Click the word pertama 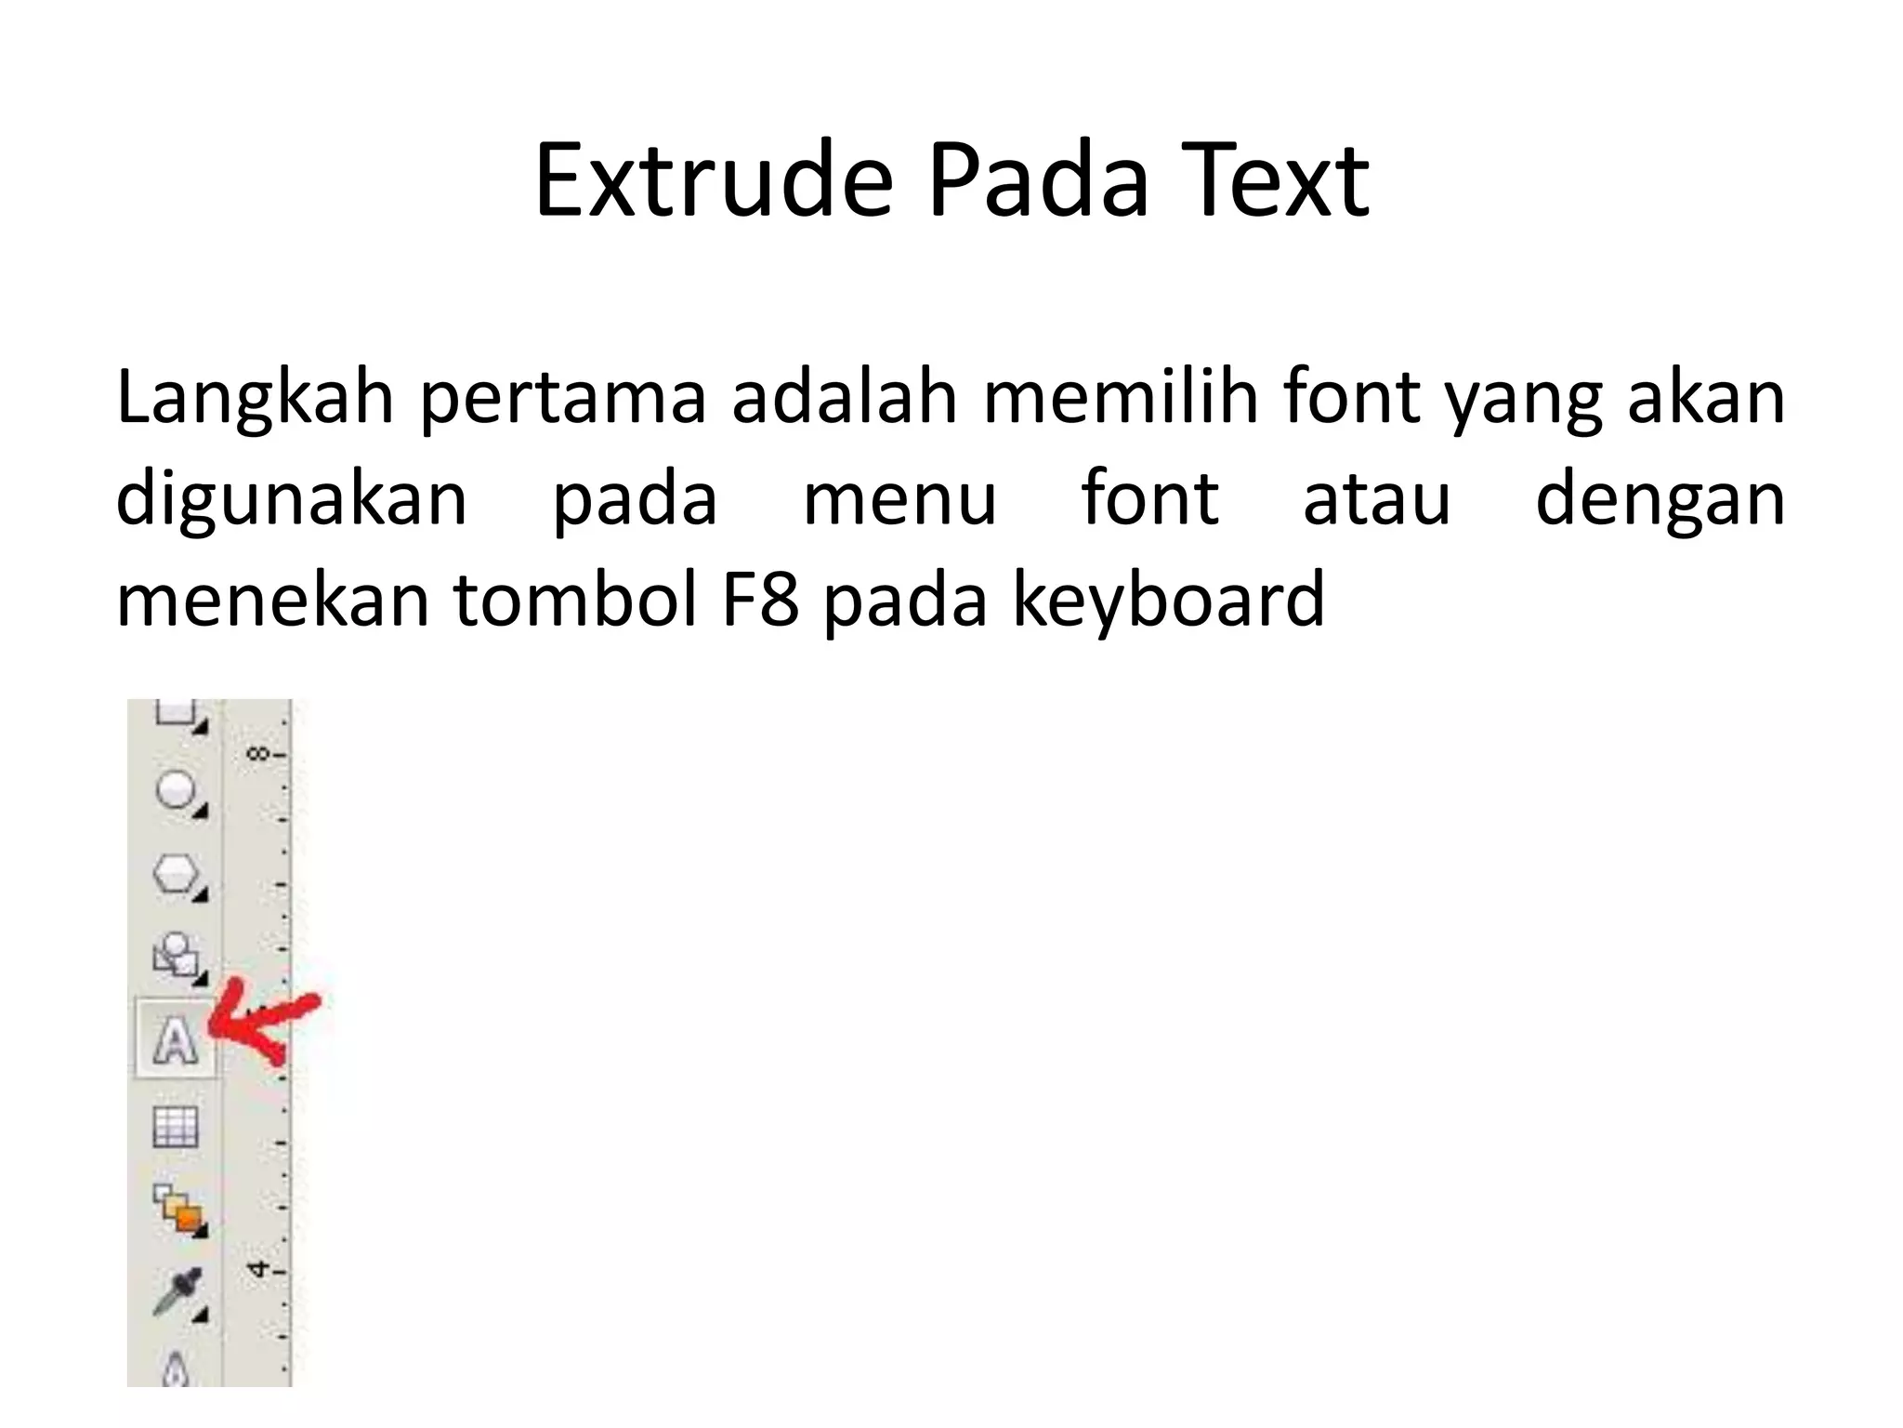(x=563, y=398)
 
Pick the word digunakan (x=291, y=499)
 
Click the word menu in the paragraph (x=899, y=499)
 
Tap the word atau (x=1376, y=499)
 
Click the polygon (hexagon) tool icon (x=176, y=874)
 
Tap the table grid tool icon (x=176, y=1128)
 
